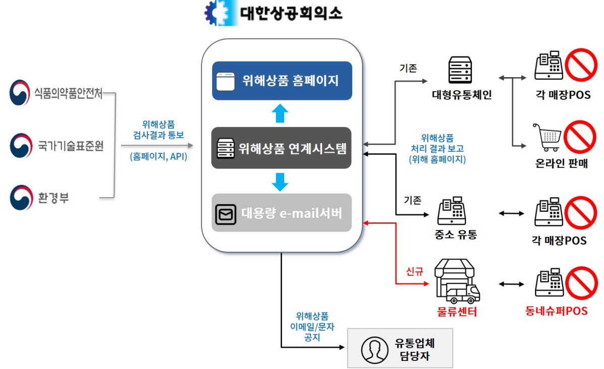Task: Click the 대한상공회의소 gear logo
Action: pyautogui.click(x=220, y=13)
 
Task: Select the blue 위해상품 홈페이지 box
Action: pyautogui.click(x=282, y=81)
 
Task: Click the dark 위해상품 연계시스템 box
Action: pyautogui.click(x=281, y=148)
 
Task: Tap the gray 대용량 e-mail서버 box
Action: pyautogui.click(x=281, y=213)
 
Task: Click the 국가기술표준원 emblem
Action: pyautogui.click(x=20, y=146)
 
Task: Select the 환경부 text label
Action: pyautogui.click(x=53, y=198)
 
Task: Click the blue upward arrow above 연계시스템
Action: pyautogui.click(x=281, y=113)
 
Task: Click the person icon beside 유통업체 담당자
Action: pyautogui.click(x=373, y=348)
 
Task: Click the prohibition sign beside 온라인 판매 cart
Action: pyautogui.click(x=580, y=136)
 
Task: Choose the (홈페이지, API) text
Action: pyautogui.click(x=158, y=157)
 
